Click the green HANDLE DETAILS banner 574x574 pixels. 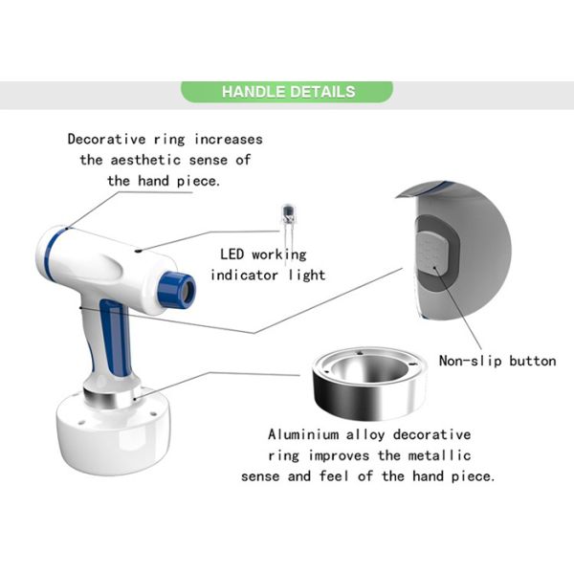[x=287, y=92]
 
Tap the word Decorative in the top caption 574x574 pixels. [x=106, y=139]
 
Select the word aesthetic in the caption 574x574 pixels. [x=145, y=160]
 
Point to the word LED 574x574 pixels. [x=232, y=254]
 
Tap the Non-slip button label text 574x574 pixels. [x=497, y=361]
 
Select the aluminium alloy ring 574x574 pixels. [x=369, y=383]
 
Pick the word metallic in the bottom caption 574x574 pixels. [x=439, y=455]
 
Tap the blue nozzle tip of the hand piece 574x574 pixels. [x=177, y=289]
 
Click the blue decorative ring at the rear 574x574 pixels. [x=49, y=253]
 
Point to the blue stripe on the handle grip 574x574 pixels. [x=115, y=337]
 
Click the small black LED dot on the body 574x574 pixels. [x=138, y=251]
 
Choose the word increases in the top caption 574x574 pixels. [x=229, y=139]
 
